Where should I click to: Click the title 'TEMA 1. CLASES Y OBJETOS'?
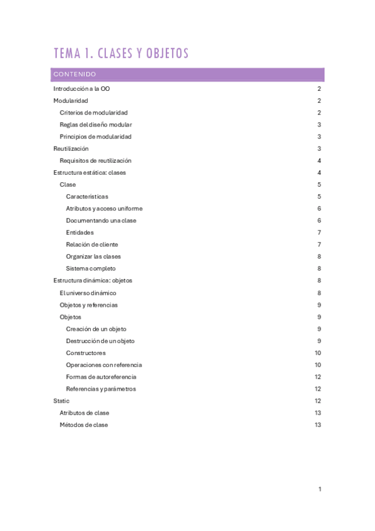[121, 54]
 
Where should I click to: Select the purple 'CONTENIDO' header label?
[74, 75]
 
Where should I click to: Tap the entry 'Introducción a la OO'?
[81, 90]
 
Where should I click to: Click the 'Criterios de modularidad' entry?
[93, 113]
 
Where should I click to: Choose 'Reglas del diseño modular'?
[95, 125]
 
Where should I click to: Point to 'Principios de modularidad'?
[95, 137]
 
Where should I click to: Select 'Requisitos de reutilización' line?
[95, 161]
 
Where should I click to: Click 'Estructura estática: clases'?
[90, 173]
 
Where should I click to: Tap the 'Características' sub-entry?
[86, 197]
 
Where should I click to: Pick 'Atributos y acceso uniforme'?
[104, 209]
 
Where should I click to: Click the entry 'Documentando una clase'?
[101, 220]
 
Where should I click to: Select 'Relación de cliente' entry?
[91, 244]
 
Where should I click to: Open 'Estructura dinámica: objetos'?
[93, 281]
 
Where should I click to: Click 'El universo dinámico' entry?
[88, 292]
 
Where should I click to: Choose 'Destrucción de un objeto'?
[100, 341]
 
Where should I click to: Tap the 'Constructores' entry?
[86, 353]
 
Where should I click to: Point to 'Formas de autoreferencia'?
[101, 377]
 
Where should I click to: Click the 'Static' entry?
[61, 401]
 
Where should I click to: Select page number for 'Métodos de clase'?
[318, 425]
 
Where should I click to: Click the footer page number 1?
[319, 489]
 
